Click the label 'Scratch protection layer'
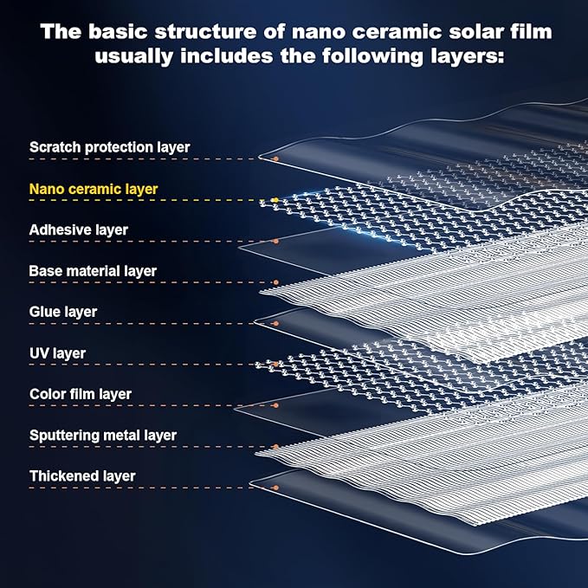pyautogui.click(x=109, y=147)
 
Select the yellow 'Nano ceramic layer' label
pyautogui.click(x=94, y=190)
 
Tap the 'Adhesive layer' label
pyautogui.click(x=79, y=229)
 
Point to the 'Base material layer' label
pyautogui.click(x=93, y=271)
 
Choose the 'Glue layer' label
pyautogui.click(x=63, y=312)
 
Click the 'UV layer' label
pyautogui.click(x=58, y=353)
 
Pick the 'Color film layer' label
pyautogui.click(x=81, y=394)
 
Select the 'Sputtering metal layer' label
pyautogui.click(x=103, y=436)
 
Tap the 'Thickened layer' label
pyautogui.click(x=82, y=476)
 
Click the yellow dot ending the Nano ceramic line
pyautogui.click(x=275, y=200)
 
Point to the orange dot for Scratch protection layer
pyautogui.click(x=276, y=159)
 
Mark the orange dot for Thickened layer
pyautogui.click(x=276, y=488)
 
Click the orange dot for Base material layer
pyautogui.click(x=276, y=282)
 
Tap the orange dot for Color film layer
pyautogui.click(x=276, y=405)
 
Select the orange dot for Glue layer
pyautogui.click(x=276, y=323)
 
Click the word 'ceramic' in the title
pyautogui.click(x=397, y=32)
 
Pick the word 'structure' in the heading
pyautogui.click(x=206, y=32)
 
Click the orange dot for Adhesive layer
pyautogui.click(x=276, y=241)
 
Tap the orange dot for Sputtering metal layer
pyautogui.click(x=276, y=447)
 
